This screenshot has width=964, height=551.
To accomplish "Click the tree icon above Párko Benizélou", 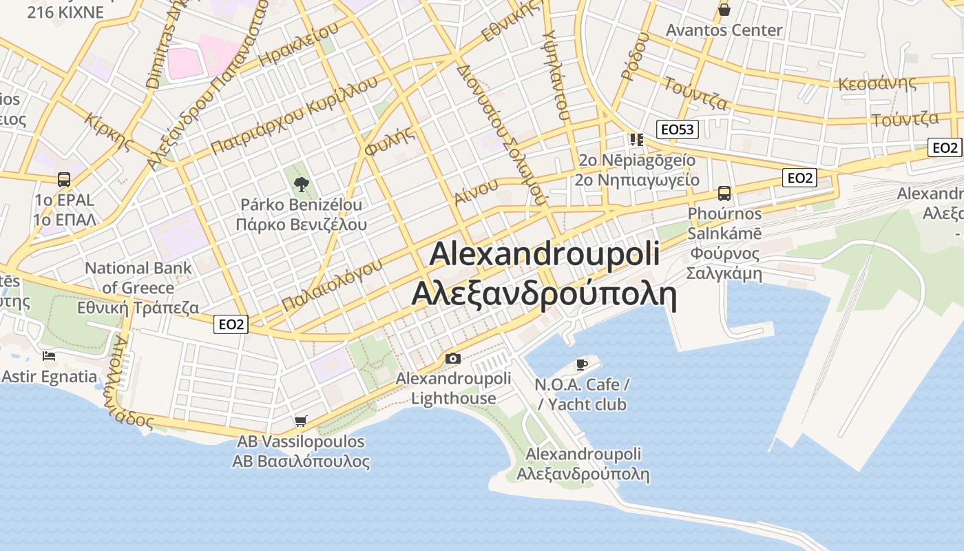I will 301,184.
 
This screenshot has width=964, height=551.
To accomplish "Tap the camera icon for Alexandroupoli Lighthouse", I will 452,358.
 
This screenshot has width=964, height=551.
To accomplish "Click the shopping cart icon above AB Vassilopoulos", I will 300,421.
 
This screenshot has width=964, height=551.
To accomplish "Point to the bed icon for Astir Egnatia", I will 49,356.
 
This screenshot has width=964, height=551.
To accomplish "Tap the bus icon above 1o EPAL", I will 64,180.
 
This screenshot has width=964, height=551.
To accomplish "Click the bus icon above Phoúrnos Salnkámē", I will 724,193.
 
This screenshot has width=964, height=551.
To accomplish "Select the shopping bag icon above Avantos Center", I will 724,10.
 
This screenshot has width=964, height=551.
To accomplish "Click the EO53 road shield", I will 678,129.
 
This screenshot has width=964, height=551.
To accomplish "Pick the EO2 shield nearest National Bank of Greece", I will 231,324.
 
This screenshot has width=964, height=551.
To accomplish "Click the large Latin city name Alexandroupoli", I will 544,253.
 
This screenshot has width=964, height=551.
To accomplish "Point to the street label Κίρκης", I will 108,130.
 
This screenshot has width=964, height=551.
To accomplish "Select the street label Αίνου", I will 476,191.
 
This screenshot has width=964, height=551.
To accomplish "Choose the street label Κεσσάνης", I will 877,83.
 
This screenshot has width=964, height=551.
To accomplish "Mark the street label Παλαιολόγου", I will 332,284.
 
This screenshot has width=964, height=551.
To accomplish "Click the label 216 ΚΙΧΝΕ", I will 65,12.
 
